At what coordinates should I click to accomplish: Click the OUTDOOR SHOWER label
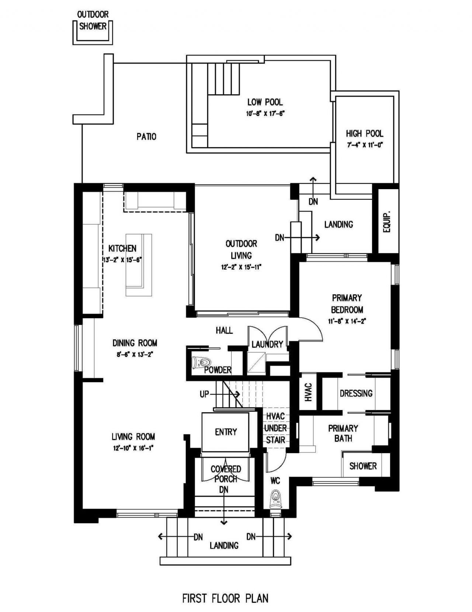coord(93,20)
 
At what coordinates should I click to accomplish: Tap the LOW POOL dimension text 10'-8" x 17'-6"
coord(265,114)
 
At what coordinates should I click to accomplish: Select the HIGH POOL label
coord(364,133)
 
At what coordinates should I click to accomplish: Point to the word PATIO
coord(146,137)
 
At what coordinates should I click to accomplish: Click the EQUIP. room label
coord(387,222)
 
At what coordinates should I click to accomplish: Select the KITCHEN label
coord(122,248)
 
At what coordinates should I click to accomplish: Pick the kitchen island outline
coord(139,264)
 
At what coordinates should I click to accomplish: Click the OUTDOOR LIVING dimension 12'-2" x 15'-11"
coord(241,267)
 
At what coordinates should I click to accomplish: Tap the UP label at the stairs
coord(204,394)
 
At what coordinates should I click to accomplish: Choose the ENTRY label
coord(226,432)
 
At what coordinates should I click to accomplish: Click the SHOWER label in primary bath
coord(363,466)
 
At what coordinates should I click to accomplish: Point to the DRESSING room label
coord(356,393)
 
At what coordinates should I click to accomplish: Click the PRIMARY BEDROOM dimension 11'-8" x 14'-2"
coord(347,321)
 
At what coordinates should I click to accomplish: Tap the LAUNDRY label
coord(267,344)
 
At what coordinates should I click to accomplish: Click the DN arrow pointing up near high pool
coord(313,181)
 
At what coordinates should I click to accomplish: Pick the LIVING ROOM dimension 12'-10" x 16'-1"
coord(133,448)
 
